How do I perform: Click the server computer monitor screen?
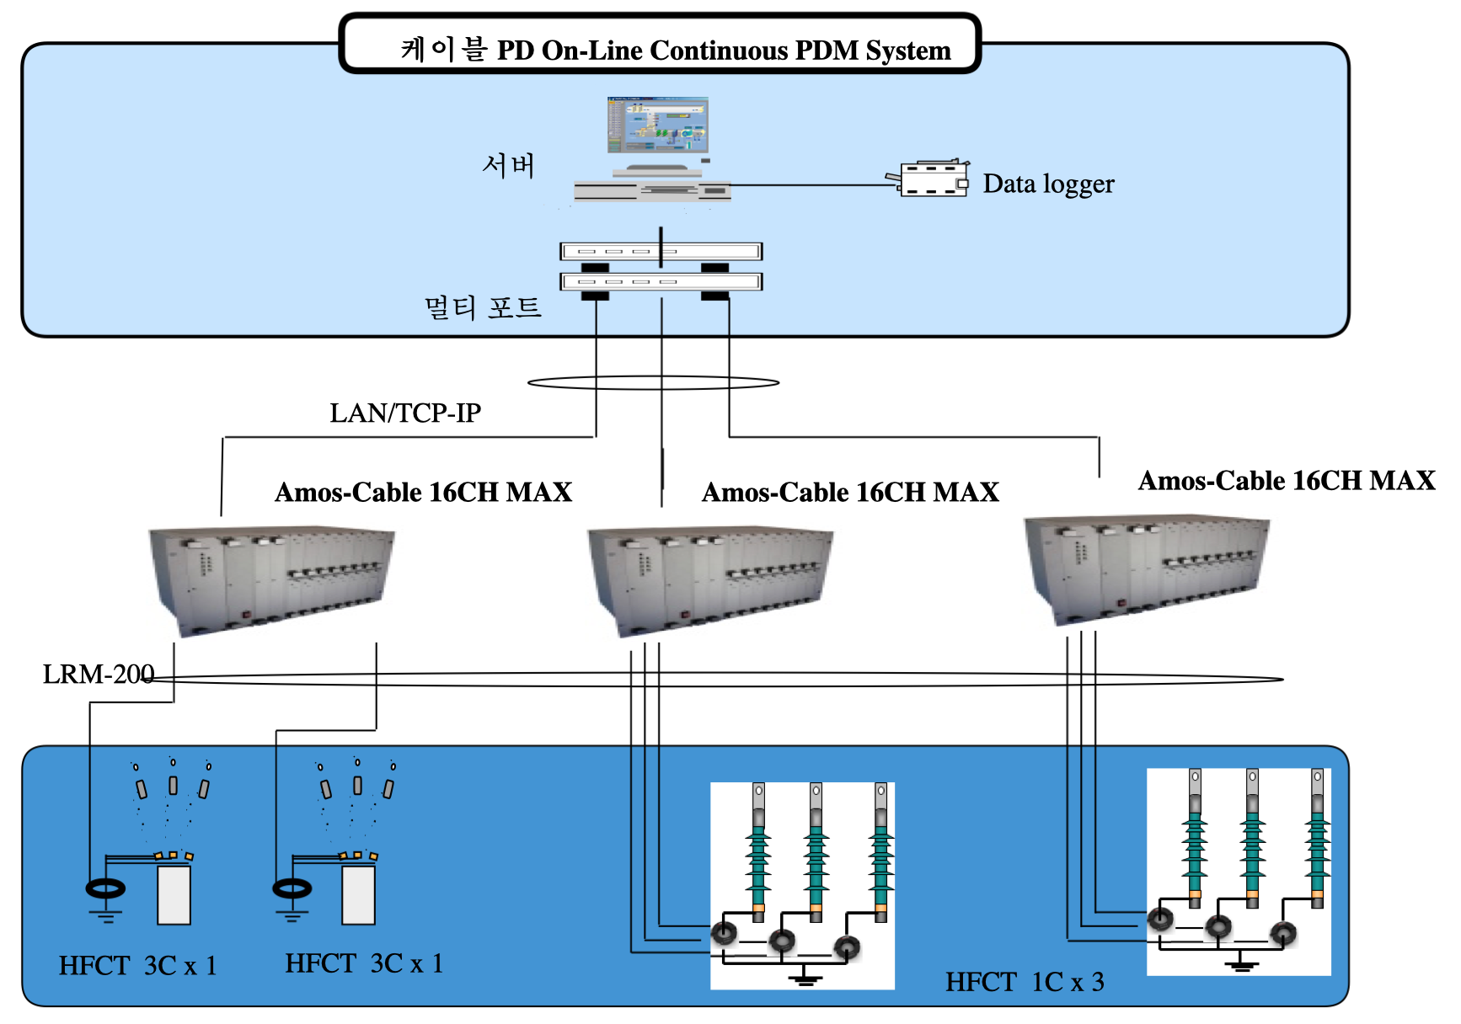pos(657,124)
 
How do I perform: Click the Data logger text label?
pos(1048,184)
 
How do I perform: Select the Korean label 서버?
pos(508,165)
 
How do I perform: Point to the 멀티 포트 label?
pos(482,307)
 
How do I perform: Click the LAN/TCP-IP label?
pos(404,413)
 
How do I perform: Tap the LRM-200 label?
pos(98,675)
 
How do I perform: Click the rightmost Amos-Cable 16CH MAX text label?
pos(1287,480)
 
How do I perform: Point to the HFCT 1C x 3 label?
pos(1024,982)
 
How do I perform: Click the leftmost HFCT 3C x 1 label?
pos(137,965)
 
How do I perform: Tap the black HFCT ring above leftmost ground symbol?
pos(105,888)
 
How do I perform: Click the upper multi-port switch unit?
pos(661,251)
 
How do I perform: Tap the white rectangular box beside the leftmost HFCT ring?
pos(174,894)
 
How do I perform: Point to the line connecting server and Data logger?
pos(809,185)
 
